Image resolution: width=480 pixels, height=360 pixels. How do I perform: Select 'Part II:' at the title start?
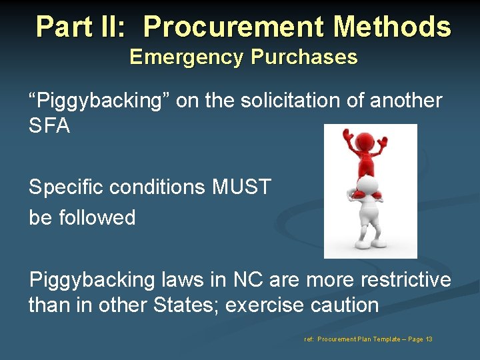click(83, 27)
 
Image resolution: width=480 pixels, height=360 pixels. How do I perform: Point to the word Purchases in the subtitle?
click(304, 57)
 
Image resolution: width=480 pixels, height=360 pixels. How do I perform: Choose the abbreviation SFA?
click(49, 125)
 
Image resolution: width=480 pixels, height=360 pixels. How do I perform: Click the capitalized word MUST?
click(241, 187)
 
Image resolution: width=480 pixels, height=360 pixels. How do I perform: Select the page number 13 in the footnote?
click(429, 339)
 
